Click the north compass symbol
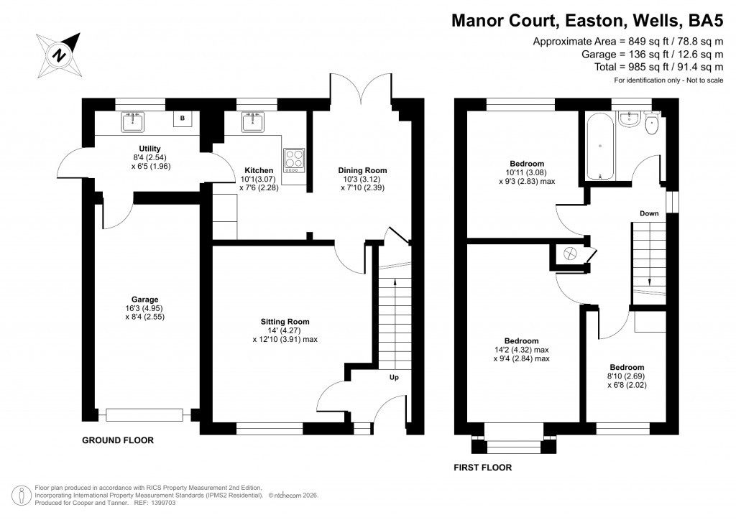point(60,52)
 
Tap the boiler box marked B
point(183,119)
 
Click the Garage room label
point(144,300)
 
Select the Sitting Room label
point(285,321)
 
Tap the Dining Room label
point(364,170)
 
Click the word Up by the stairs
point(394,377)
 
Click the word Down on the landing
point(649,213)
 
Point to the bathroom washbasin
point(628,119)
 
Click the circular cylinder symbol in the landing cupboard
point(571,254)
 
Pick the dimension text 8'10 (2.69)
point(627,376)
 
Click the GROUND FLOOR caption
point(117,440)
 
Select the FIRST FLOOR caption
point(482,468)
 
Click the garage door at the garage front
point(148,415)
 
